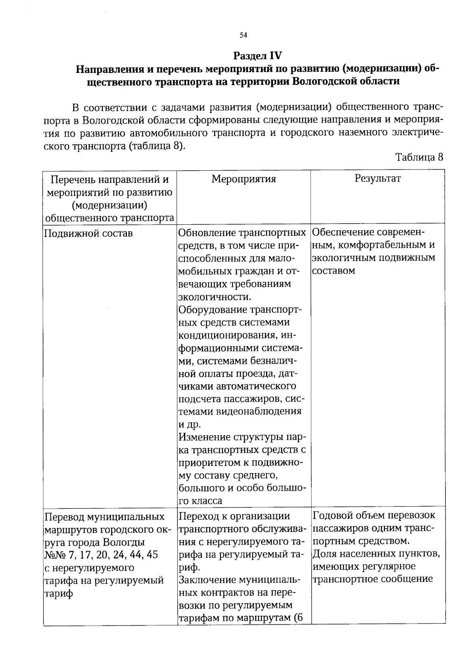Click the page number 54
click(x=243, y=35)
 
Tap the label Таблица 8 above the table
click(x=419, y=157)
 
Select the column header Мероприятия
click(x=244, y=179)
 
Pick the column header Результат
click(x=378, y=178)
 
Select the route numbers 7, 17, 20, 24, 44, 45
click(x=107, y=555)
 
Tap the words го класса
click(x=200, y=501)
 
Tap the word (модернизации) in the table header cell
click(x=110, y=205)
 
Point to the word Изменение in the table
click(x=204, y=437)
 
